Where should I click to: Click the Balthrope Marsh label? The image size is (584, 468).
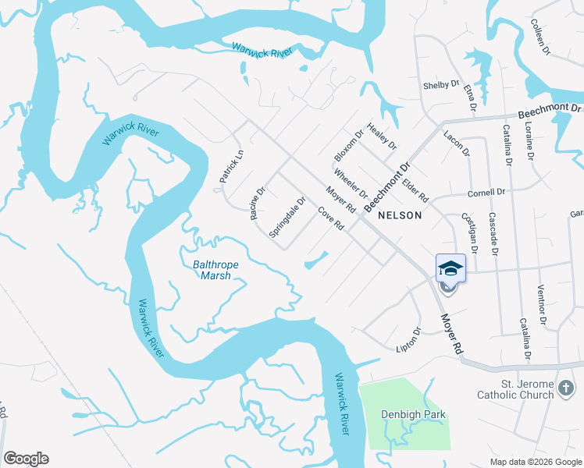(215, 270)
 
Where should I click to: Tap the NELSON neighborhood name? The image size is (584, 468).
(400, 215)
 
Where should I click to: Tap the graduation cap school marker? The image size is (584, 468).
(450, 268)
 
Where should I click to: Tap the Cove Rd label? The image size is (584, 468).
(331, 218)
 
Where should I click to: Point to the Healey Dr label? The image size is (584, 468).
(382, 136)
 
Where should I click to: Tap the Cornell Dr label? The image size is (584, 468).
(487, 192)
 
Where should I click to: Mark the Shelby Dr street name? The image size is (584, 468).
(440, 84)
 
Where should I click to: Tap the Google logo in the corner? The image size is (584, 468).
(26, 459)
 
